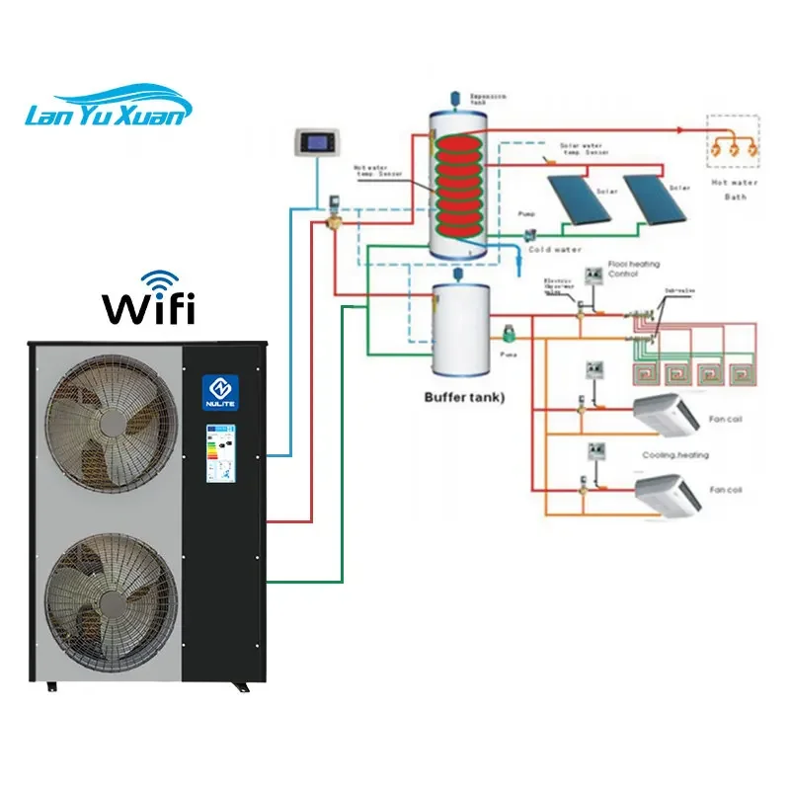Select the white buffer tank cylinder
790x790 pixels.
(x=460, y=330)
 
